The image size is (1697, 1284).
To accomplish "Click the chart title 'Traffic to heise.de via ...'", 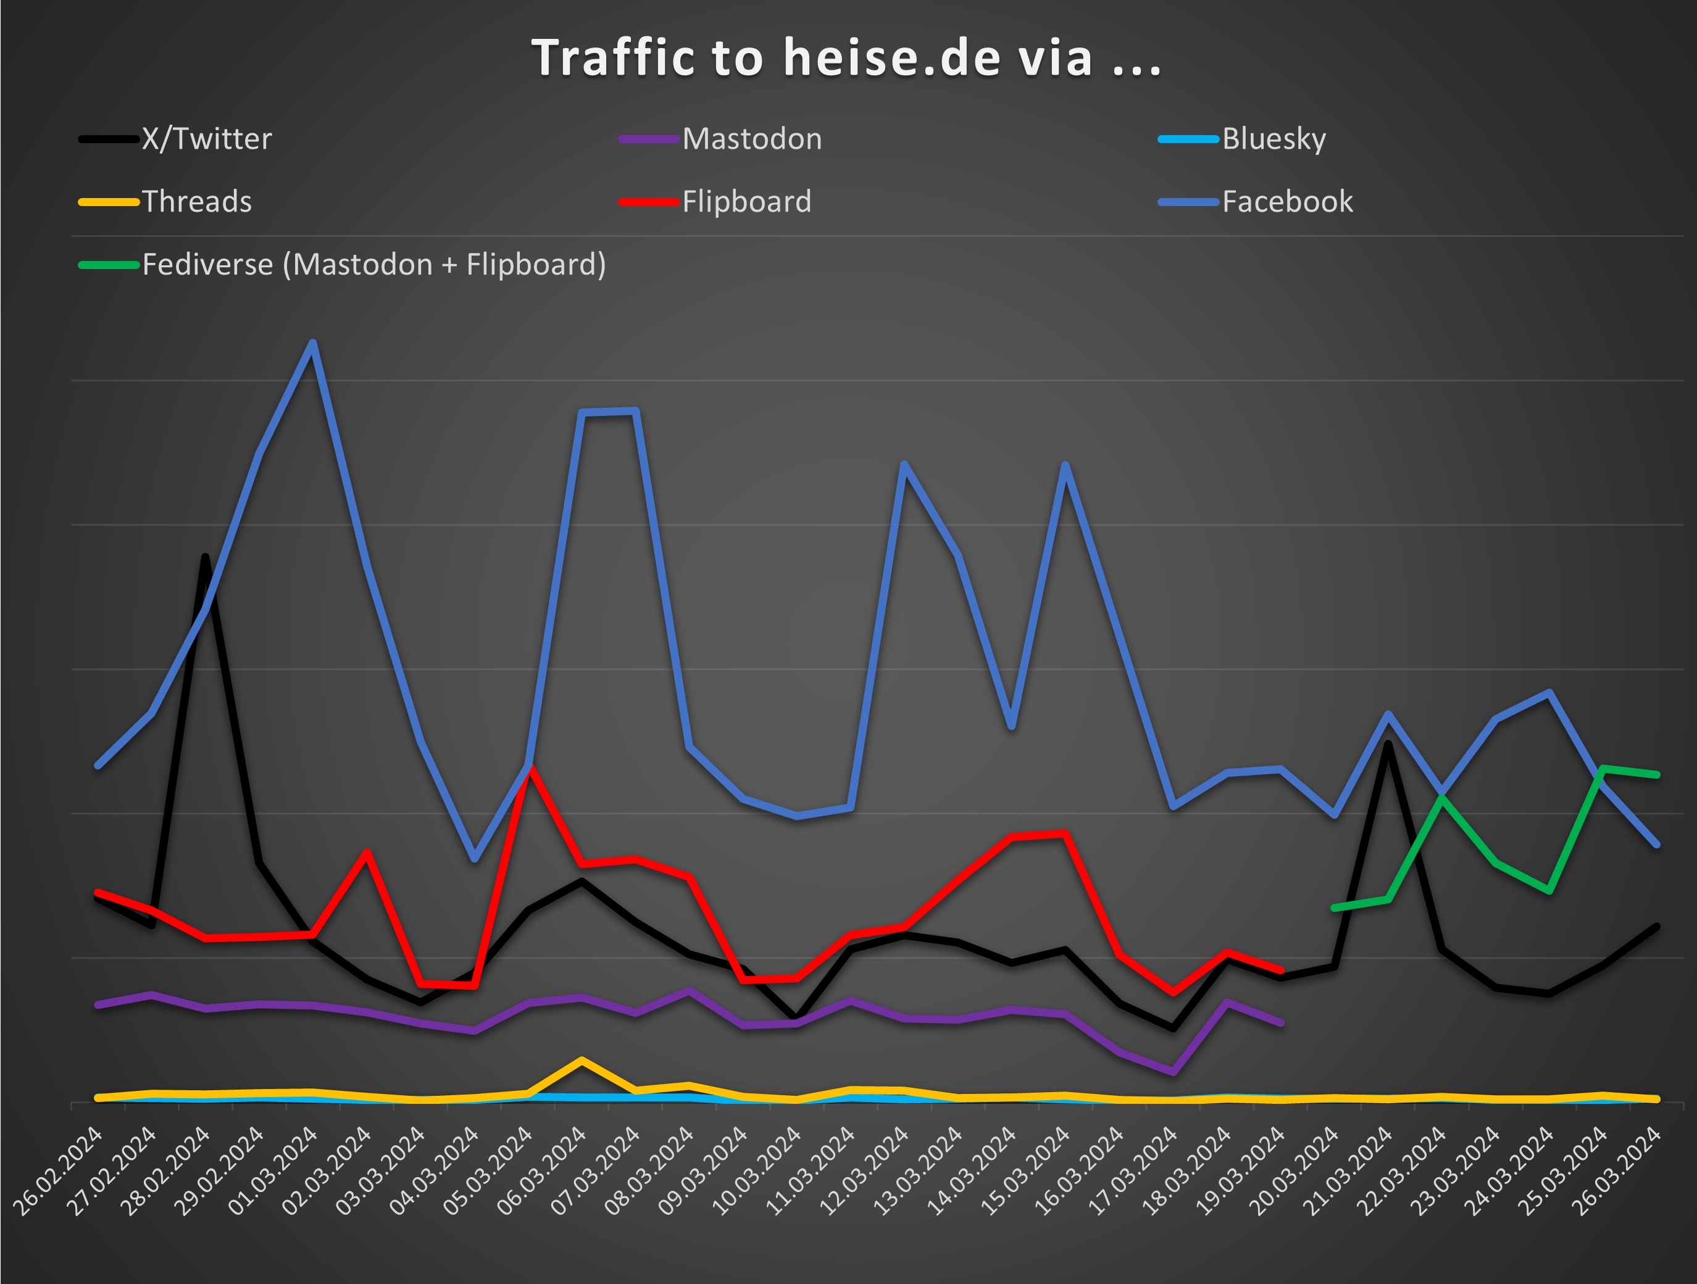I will click(847, 58).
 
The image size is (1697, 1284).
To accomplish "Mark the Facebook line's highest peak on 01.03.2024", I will click(313, 343).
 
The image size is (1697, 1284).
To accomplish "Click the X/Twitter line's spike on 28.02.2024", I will click(206, 558).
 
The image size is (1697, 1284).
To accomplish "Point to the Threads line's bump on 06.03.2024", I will click(582, 1060).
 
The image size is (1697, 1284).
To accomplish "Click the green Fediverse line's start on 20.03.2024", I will click(1335, 908).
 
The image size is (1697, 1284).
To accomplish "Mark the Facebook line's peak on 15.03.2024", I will click(1065, 465).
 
